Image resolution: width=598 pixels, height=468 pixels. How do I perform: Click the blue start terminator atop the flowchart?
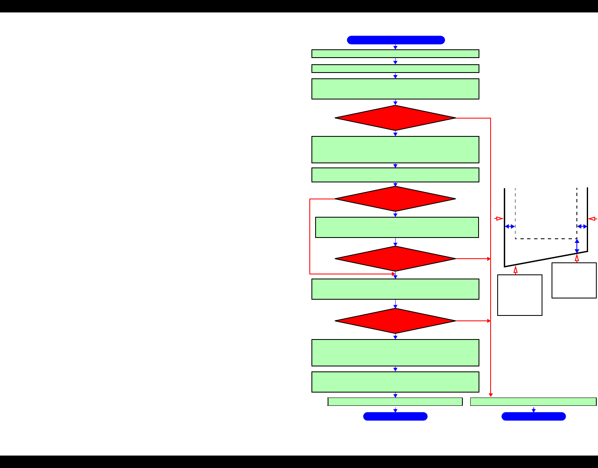pos(396,40)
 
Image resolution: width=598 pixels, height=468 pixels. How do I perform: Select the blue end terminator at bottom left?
pos(395,417)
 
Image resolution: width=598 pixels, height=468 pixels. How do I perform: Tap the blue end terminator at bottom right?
pos(533,417)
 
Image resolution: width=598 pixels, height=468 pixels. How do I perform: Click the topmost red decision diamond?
pos(395,118)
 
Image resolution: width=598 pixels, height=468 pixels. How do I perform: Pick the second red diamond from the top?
pos(395,199)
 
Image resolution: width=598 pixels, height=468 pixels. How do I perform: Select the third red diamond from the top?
pos(395,259)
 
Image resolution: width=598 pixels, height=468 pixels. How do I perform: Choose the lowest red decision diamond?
pos(395,321)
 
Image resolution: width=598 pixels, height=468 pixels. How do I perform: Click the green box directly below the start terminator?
pos(395,54)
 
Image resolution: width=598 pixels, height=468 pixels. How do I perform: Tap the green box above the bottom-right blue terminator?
pos(533,402)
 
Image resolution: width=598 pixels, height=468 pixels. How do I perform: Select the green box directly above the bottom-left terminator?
pos(395,402)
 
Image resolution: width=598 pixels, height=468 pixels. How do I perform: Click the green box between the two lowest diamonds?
pos(395,289)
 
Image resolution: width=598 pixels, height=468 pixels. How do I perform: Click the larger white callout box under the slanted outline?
pos(520,295)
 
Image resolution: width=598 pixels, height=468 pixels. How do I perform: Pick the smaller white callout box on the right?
pos(574,280)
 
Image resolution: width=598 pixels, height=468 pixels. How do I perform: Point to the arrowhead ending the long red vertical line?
pos(491,395)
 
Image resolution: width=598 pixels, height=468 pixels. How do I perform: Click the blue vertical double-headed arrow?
pos(577,246)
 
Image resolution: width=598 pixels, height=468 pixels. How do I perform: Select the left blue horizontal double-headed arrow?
pos(510,226)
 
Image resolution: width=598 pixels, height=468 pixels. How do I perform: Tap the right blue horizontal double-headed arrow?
pos(582,226)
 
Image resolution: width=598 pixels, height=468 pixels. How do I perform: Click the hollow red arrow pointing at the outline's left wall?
pos(499,218)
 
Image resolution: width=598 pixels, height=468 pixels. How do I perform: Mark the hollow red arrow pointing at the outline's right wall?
pos(593,218)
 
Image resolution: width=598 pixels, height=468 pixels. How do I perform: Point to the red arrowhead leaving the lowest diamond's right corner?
pos(489,321)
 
